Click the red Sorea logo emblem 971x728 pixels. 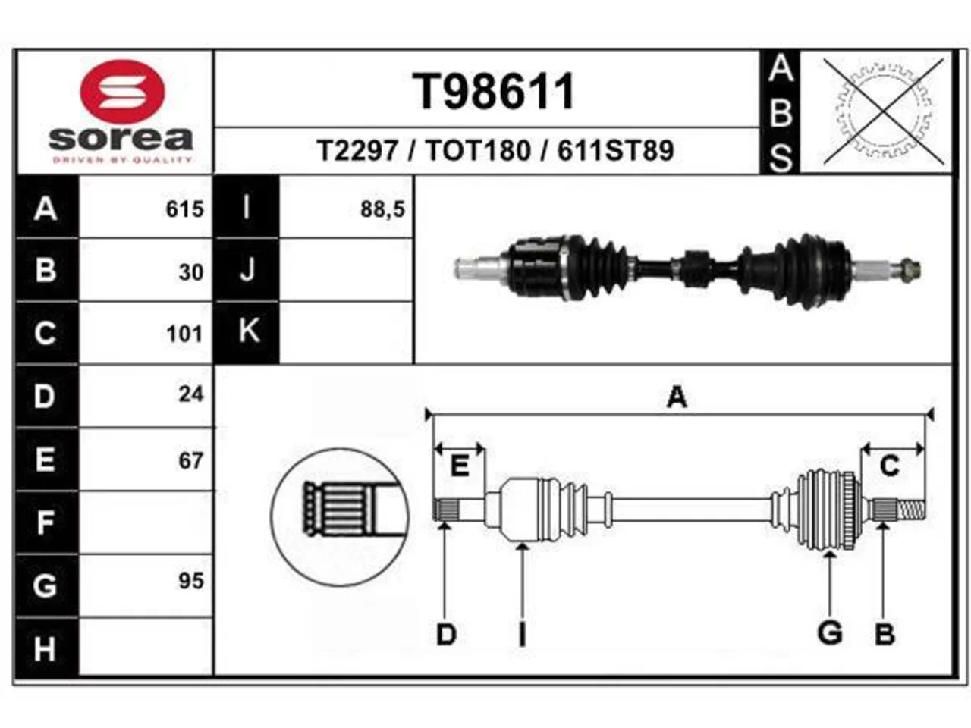(x=122, y=92)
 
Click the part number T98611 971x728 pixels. (x=493, y=92)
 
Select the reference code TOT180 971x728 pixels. (x=478, y=150)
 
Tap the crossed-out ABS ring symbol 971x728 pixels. (x=884, y=112)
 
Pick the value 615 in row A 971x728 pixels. (x=184, y=209)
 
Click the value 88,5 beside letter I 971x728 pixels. (x=382, y=209)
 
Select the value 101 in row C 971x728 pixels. (x=184, y=334)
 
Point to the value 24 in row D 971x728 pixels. (x=191, y=394)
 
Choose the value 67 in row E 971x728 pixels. (x=191, y=460)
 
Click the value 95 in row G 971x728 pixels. (x=191, y=581)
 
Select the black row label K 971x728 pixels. (x=247, y=332)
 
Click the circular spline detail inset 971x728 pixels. (x=339, y=517)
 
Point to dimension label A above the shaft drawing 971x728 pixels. (x=677, y=397)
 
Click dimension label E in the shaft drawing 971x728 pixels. (x=459, y=466)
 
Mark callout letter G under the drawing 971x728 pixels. (x=829, y=632)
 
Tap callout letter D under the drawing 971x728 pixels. (x=446, y=635)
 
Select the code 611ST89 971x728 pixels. (x=615, y=150)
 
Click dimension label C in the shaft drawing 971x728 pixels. (x=890, y=466)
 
